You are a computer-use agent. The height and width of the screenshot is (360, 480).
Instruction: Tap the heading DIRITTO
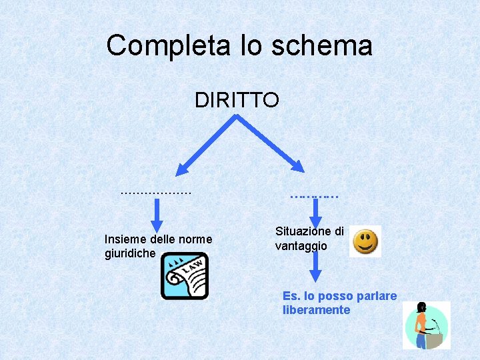click(237, 100)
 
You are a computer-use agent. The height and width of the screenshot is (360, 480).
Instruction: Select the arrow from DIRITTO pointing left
click(207, 141)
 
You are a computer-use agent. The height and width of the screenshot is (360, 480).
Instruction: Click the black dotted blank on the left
click(155, 192)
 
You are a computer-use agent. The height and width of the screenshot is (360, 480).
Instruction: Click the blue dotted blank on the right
click(314, 196)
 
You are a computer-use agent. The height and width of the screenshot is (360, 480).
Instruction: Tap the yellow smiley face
click(365, 241)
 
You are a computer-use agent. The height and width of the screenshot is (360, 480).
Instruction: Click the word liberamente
click(316, 310)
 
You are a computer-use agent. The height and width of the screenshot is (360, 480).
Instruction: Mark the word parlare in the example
click(376, 296)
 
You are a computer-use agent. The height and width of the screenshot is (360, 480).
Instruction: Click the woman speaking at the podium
click(426, 325)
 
